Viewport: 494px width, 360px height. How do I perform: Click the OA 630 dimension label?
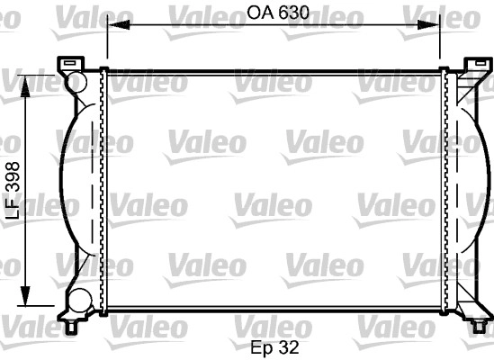(278, 13)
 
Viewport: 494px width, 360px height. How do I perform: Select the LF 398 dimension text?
(13, 191)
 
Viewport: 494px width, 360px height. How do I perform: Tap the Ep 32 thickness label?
(274, 347)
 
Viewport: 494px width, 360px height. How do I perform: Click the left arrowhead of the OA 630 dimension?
(119, 24)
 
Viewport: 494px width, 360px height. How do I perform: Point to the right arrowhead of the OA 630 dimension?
(428, 24)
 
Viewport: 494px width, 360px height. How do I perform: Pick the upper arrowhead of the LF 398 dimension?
(25, 86)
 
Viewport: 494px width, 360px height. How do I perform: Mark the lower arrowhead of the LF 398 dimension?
(25, 295)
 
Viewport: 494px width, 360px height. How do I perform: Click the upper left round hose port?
(76, 82)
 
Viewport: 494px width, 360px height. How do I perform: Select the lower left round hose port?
(80, 301)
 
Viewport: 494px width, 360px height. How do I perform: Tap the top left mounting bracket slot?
(70, 63)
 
